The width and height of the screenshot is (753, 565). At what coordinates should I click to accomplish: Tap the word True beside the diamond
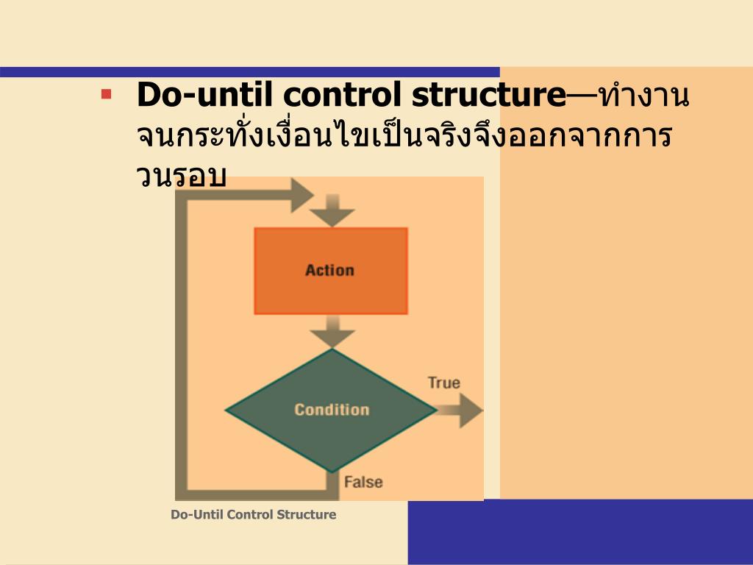click(x=443, y=383)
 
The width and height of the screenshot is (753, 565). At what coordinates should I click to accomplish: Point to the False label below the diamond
click(x=363, y=483)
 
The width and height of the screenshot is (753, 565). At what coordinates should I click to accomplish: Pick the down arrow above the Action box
click(x=332, y=211)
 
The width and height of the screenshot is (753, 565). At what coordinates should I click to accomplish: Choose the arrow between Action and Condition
click(x=332, y=333)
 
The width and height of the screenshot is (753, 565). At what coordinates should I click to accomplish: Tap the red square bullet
click(x=107, y=94)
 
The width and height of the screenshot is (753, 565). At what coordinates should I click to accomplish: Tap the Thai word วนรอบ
click(x=181, y=177)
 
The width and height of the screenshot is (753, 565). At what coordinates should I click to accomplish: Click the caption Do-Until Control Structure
click(x=253, y=515)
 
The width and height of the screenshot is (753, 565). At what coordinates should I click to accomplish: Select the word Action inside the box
click(x=329, y=270)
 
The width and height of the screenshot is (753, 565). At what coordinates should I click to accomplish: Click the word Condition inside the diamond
click(x=332, y=410)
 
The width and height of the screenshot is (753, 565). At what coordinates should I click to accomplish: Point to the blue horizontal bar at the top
click(x=250, y=72)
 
